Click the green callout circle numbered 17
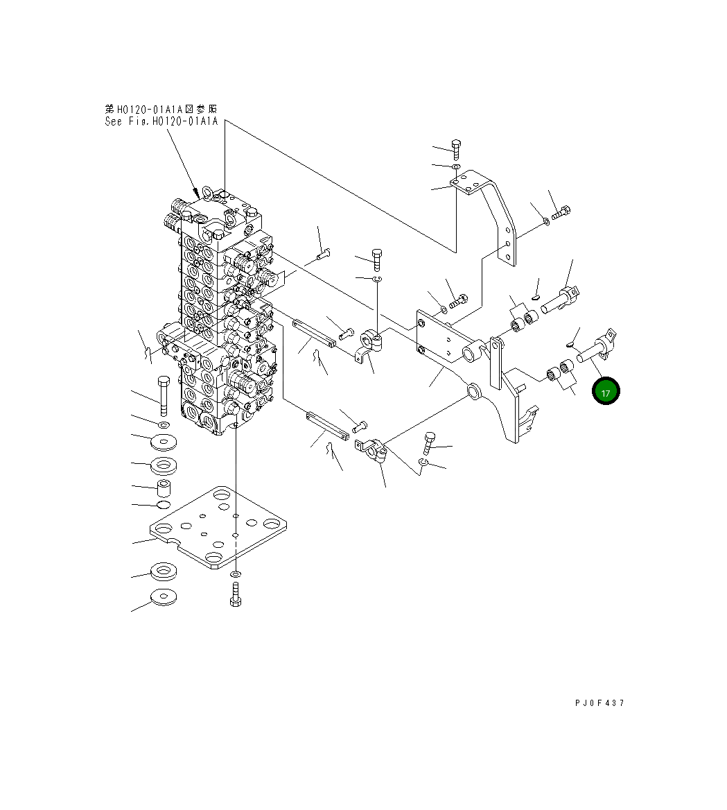(606, 391)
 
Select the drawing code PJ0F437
(599, 703)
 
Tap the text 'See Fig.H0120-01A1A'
(161, 121)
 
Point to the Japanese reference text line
(161, 109)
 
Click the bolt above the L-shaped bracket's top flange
(456, 148)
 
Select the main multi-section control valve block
(222, 312)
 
